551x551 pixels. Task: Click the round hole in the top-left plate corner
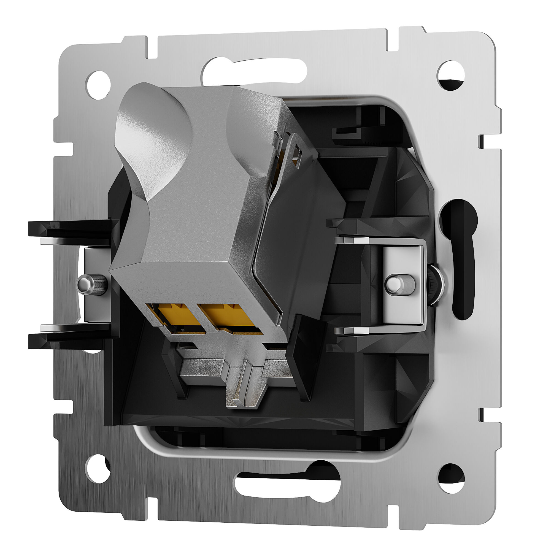coord(98,85)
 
